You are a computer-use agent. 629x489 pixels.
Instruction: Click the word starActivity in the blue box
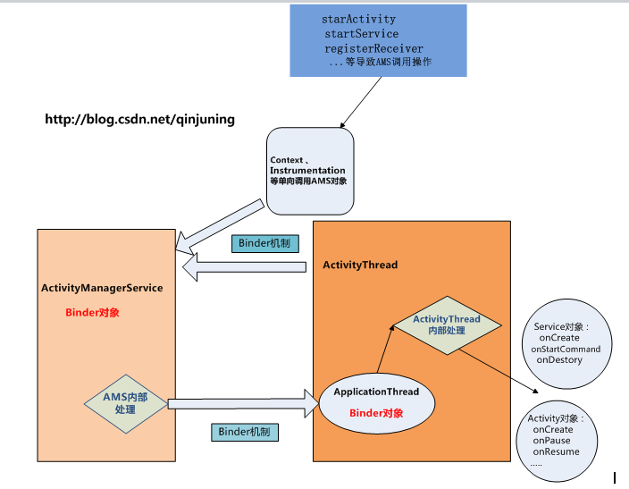coord(358,19)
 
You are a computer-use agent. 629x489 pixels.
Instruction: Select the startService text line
coord(361,34)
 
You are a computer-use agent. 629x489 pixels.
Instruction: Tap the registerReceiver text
coord(373,48)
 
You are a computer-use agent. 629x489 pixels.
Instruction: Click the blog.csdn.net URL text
coord(140,119)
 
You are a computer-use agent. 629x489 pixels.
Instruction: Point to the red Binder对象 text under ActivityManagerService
coord(92,313)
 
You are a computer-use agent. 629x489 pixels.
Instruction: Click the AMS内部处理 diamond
coord(125,404)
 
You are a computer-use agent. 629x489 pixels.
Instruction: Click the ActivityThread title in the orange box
coord(359,266)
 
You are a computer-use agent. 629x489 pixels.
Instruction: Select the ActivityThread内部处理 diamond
coord(446,325)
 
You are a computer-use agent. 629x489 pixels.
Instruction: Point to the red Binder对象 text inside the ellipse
coord(376,413)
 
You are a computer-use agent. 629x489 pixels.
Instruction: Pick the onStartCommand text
coord(565,349)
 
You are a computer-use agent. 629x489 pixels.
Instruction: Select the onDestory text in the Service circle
coord(559,359)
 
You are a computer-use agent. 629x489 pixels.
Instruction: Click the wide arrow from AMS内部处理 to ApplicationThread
coord(241,403)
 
